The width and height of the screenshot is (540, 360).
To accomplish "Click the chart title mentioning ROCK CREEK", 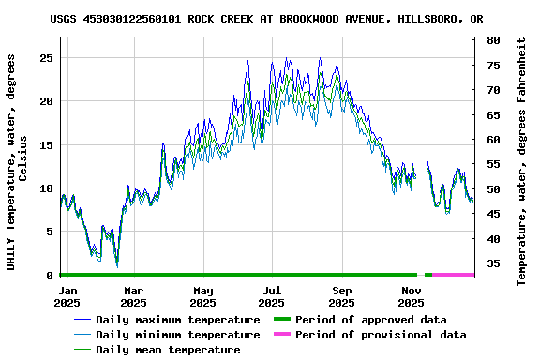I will [266, 19].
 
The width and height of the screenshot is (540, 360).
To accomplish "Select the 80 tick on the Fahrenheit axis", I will [493, 40].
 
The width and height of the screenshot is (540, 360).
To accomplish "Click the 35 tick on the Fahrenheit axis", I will [493, 263].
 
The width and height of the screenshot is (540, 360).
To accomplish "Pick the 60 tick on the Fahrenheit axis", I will [493, 140].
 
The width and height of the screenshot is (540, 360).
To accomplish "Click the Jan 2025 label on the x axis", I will [67, 296].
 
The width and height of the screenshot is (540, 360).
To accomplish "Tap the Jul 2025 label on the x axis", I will [271, 296].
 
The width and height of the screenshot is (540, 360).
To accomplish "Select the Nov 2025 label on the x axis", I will [411, 296].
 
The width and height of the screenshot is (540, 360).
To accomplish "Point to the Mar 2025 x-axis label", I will [134, 296].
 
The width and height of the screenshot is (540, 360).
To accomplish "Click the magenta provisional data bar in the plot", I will [453, 275].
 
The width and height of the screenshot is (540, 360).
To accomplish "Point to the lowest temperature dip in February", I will [117, 266].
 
